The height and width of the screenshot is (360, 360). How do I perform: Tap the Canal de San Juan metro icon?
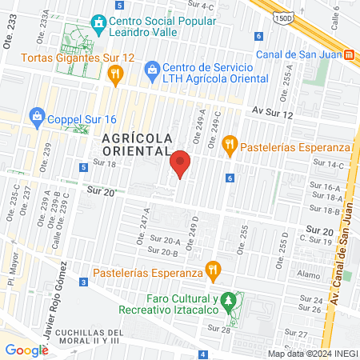(349, 55)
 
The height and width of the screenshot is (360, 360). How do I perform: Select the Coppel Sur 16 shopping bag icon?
(37, 116)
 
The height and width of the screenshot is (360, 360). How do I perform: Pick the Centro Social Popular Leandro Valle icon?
(98, 22)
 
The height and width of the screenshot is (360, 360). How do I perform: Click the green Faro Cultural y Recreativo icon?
(230, 301)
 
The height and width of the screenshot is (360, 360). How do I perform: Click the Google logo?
(26, 350)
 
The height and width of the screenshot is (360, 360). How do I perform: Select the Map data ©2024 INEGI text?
(311, 353)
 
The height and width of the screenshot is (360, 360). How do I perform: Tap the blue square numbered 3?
(84, 282)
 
